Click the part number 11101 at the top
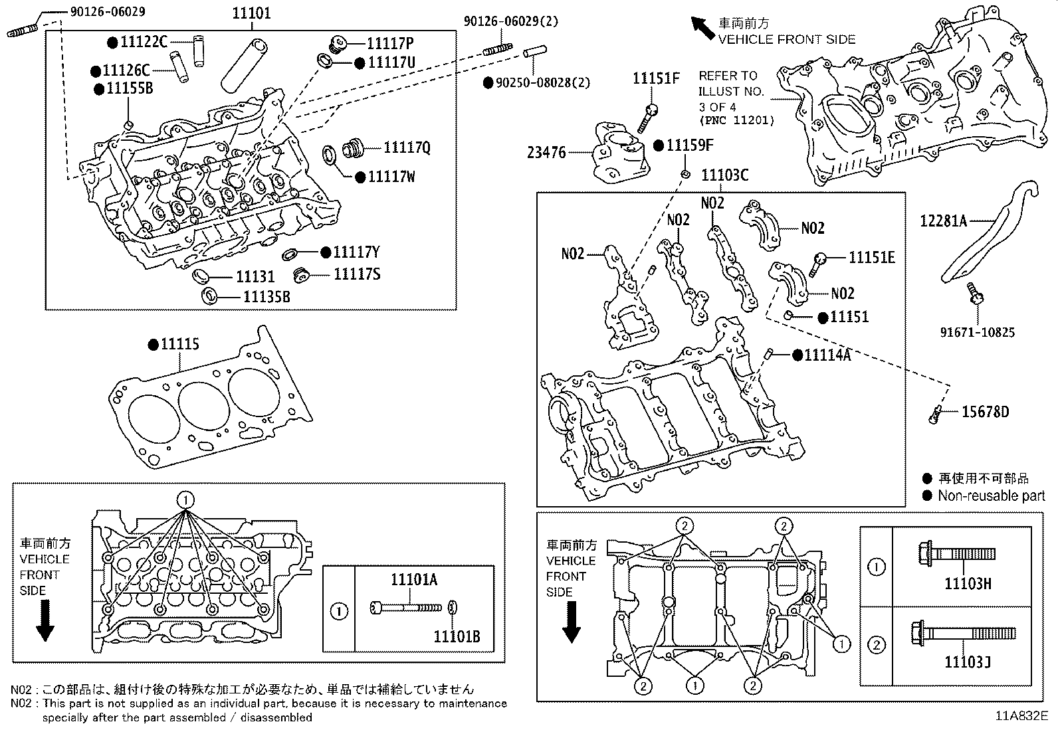tap(252, 13)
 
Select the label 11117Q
tap(406, 148)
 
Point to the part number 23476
tap(546, 153)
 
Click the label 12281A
tap(944, 221)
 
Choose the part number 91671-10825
tap(977, 331)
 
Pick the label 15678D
tap(985, 412)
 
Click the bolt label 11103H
tap(968, 584)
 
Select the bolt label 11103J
tap(968, 662)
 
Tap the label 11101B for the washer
tap(457, 637)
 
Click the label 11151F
tap(656, 78)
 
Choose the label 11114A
tap(827, 355)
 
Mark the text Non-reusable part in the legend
tap(991, 496)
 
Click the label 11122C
tap(144, 42)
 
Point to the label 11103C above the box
tap(724, 175)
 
